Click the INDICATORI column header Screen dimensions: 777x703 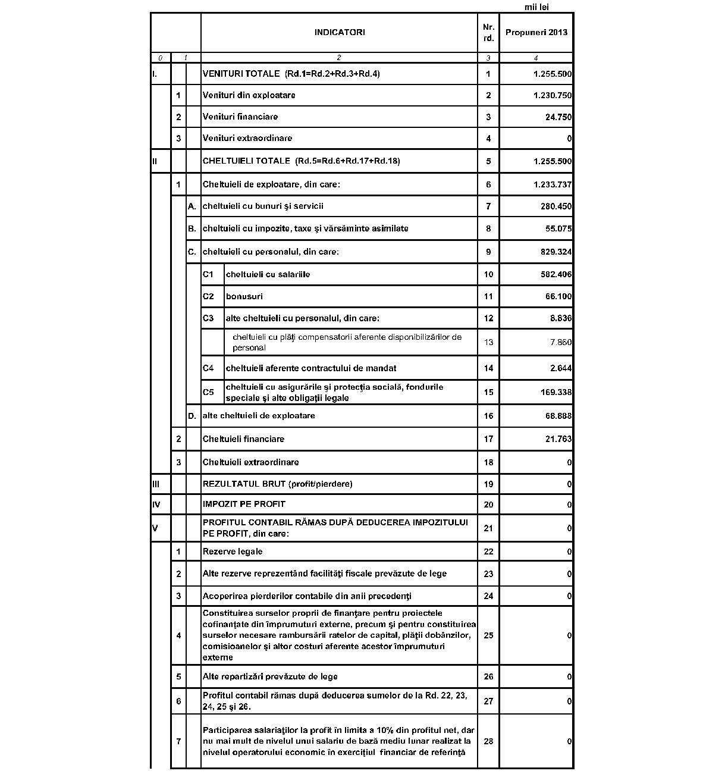(339, 33)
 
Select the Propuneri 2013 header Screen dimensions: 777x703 (536, 33)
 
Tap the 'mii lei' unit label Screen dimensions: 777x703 (536, 7)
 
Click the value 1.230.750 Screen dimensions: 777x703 (553, 96)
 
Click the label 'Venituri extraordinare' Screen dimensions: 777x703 (247, 138)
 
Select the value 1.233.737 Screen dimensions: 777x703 (553, 185)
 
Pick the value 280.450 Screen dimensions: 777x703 (556, 207)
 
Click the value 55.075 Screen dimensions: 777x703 (558, 229)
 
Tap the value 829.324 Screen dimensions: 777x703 (556, 252)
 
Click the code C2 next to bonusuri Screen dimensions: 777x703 (208, 296)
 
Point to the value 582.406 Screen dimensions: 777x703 (556, 275)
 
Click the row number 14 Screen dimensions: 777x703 (488, 368)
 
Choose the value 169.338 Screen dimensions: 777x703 (556, 393)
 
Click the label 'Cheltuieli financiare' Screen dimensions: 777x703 (243, 439)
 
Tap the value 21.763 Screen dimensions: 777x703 (558, 440)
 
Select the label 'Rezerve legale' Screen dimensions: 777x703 (233, 552)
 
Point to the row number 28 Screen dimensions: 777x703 (488, 741)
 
